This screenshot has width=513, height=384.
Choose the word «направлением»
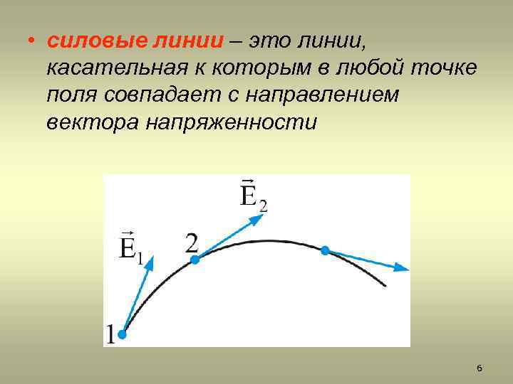[328, 95]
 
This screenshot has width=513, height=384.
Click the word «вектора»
[93, 122]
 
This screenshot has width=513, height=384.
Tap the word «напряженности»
[232, 122]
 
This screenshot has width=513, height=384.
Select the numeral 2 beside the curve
[192, 244]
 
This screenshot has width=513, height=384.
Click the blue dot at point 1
[122, 334]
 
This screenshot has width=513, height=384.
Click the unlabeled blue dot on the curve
[325, 250]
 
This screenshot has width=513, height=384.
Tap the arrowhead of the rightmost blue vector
[403, 267]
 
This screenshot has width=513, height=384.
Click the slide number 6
[479, 368]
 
